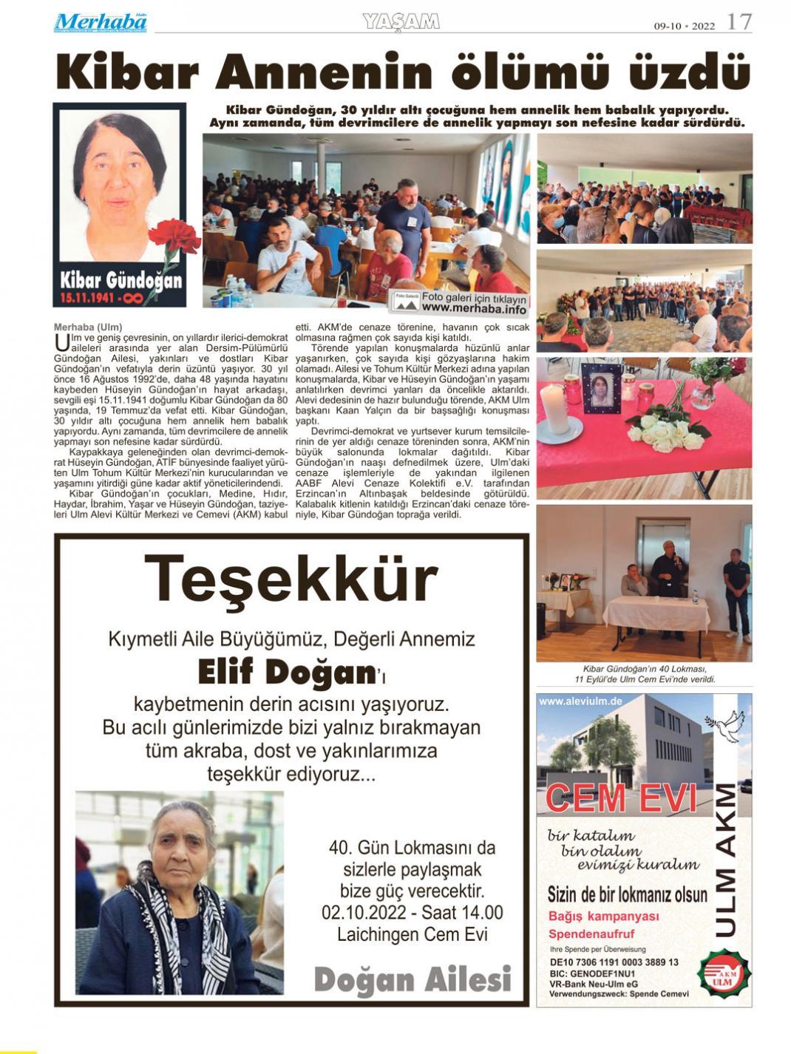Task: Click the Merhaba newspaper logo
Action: click(101, 23)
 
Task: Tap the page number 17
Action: click(739, 22)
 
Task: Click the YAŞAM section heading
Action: click(401, 22)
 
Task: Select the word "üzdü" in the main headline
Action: click(690, 73)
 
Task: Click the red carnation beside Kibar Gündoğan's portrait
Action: click(174, 238)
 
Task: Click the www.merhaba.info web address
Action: click(474, 309)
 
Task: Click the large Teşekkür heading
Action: click(291, 579)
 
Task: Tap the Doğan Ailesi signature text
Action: click(413, 980)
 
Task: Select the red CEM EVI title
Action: click(621, 798)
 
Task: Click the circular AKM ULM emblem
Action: click(724, 973)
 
